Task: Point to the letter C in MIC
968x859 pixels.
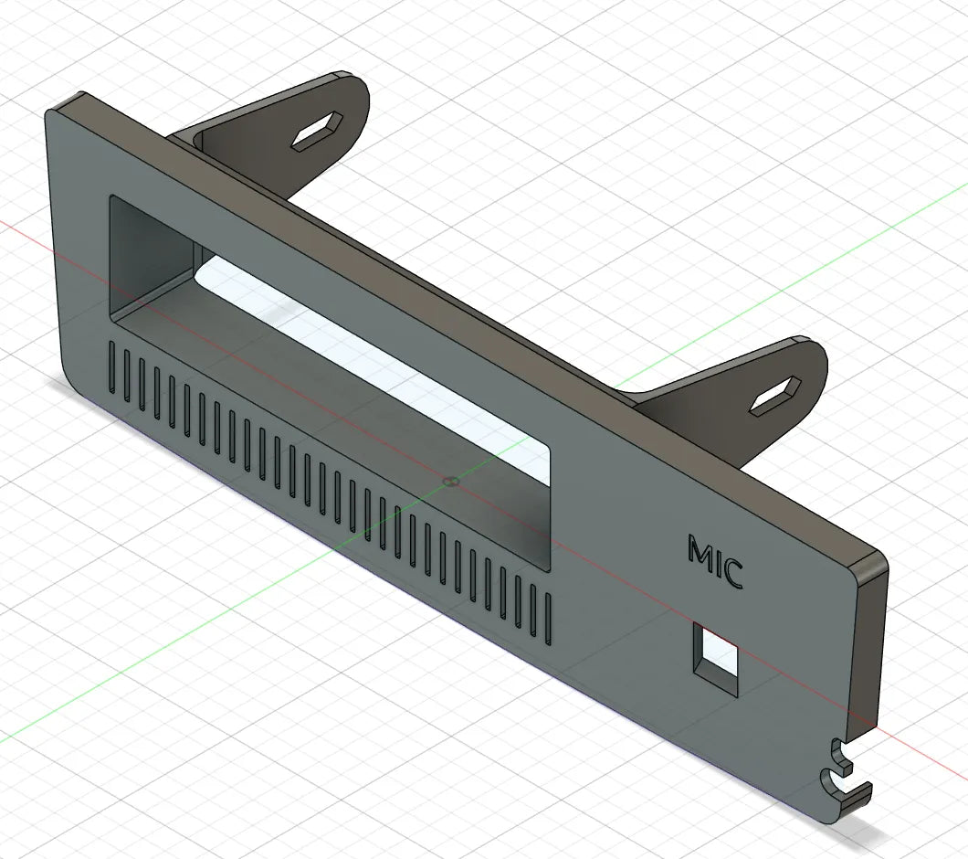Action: pos(732,575)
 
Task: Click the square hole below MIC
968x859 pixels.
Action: pos(716,661)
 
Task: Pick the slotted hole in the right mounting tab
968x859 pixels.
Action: pos(775,396)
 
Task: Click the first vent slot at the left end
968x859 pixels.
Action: pos(111,367)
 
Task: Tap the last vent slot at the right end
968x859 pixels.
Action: pos(548,616)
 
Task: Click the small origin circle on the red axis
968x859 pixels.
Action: pos(451,481)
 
